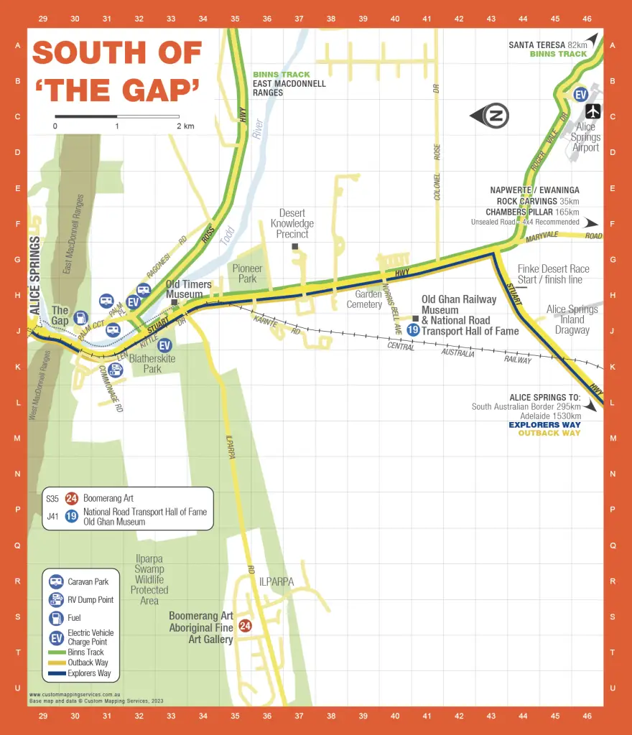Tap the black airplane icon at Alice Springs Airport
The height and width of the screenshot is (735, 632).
[x=593, y=111]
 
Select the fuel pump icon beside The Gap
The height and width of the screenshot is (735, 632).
[x=81, y=317]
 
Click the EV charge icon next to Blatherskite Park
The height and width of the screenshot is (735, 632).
[x=164, y=345]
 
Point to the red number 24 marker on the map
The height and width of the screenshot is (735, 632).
[x=245, y=625]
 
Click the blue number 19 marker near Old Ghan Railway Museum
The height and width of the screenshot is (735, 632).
[x=413, y=330]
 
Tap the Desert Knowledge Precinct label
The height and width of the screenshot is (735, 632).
[x=292, y=223]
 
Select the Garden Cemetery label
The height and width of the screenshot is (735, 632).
[x=364, y=299]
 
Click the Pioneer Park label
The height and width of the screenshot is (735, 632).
[x=247, y=273]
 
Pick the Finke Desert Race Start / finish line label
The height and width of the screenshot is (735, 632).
[x=553, y=274]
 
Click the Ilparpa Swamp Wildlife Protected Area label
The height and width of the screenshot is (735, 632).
[x=149, y=579]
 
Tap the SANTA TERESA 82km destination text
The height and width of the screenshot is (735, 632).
[x=547, y=45]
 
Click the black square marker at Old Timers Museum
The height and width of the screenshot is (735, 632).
[x=175, y=302]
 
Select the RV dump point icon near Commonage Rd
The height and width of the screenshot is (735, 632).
[x=116, y=370]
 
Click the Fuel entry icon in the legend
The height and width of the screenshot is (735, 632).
[x=56, y=618]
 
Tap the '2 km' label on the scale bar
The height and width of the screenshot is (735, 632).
[x=185, y=126]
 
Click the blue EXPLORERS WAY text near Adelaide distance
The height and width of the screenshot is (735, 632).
[x=544, y=425]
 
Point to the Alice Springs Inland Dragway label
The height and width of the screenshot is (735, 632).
[x=572, y=319]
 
